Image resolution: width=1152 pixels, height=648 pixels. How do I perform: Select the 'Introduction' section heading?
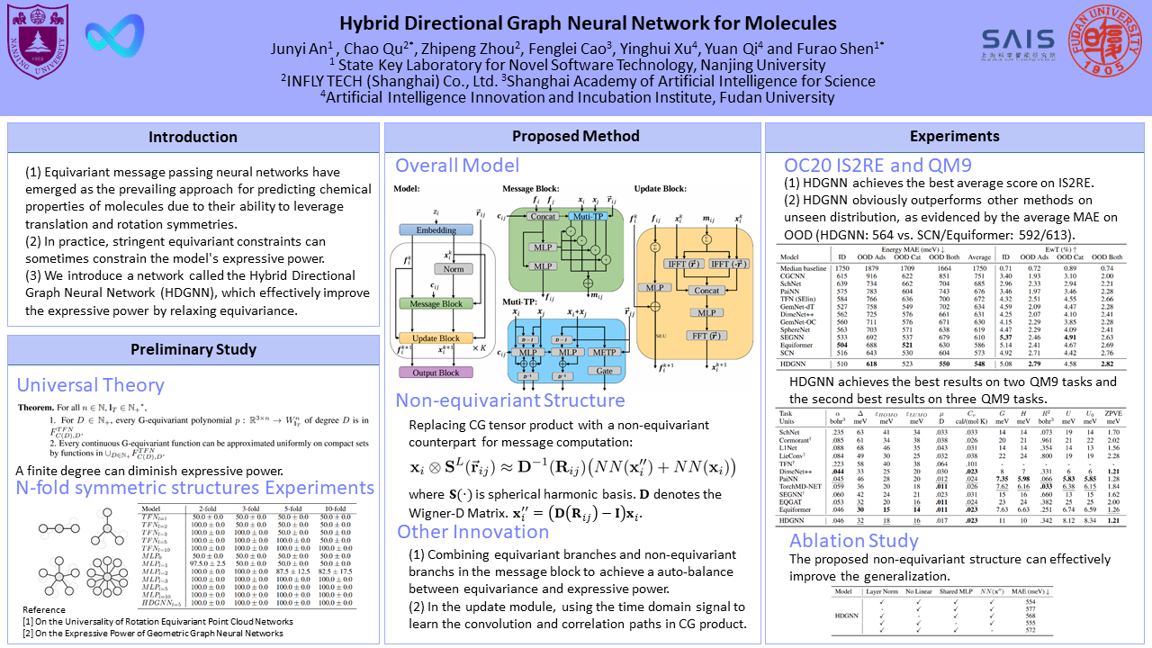click(193, 137)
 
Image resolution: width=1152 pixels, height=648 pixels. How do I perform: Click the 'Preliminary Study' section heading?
click(193, 349)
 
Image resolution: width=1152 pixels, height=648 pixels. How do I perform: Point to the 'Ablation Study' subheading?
click(854, 540)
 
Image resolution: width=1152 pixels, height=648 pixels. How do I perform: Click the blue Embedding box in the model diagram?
click(436, 230)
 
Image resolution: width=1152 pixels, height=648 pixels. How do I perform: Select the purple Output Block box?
click(436, 372)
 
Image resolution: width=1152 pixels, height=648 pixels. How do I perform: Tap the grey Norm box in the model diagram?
click(453, 268)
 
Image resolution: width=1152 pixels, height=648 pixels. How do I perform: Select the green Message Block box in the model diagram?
click(436, 304)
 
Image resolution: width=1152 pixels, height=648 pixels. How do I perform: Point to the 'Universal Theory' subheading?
click(90, 385)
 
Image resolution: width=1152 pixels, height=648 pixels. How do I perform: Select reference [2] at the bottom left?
click(153, 633)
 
